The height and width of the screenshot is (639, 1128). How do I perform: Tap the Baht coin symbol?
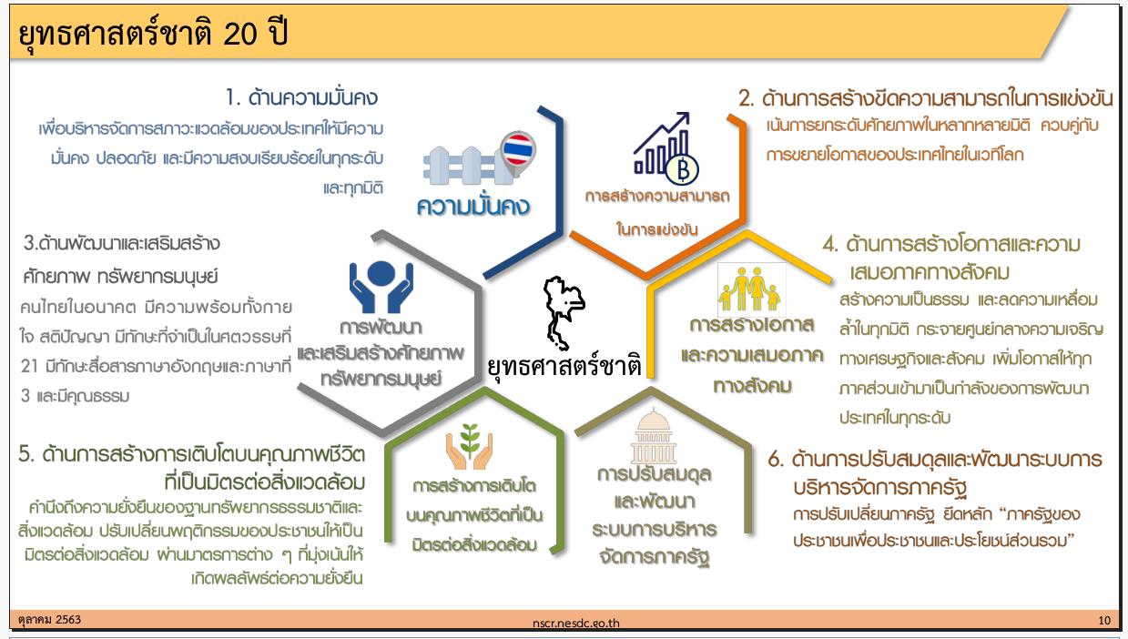(682, 169)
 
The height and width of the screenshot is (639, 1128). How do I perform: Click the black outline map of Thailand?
(564, 312)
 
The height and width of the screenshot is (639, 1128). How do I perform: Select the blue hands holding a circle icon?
(381, 286)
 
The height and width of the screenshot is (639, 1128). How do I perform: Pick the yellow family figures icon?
(751, 289)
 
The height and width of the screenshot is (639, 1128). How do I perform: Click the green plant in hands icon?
(469, 447)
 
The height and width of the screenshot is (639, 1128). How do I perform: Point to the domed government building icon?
(653, 437)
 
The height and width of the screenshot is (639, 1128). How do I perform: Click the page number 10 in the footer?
(1103, 621)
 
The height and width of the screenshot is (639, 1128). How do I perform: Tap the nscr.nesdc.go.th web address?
(575, 624)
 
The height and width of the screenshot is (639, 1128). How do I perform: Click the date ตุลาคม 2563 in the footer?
(49, 620)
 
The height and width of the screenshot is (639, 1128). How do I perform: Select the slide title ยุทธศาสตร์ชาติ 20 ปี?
(153, 34)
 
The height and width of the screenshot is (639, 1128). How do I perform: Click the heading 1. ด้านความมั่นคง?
(301, 97)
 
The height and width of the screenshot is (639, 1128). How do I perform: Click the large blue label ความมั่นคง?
(473, 207)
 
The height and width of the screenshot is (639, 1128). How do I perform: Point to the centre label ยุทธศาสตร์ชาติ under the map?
(564, 366)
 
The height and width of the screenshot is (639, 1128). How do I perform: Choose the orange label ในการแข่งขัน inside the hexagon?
(656, 229)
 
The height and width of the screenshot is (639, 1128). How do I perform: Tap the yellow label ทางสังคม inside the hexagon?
(752, 386)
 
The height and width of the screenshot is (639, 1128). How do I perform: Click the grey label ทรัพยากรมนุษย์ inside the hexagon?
(381, 380)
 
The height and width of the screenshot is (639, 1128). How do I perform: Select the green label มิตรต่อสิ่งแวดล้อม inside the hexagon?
(474, 544)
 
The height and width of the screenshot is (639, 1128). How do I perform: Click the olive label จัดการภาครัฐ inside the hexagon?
(655, 557)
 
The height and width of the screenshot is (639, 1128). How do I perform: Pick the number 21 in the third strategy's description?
(29, 367)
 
